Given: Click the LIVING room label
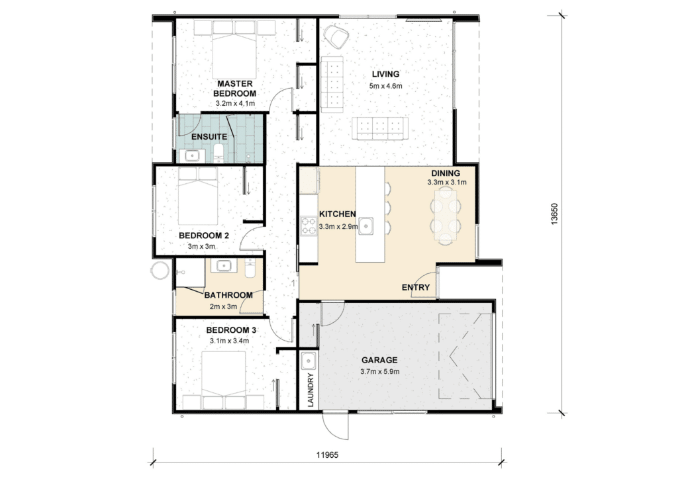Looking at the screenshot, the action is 385,74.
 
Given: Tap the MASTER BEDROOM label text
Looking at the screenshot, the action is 235,89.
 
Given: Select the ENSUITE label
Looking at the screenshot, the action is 209,137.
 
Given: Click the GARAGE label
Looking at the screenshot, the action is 379,360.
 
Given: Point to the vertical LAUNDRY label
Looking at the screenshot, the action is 310,390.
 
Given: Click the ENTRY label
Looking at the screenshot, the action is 416,288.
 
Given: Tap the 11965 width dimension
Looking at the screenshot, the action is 327,455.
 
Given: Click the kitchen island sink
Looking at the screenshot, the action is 365,226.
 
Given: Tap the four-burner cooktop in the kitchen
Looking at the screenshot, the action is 309,226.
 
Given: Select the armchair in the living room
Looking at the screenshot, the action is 336,36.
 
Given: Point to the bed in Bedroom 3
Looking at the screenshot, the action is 224,380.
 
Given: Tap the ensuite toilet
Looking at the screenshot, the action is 218,153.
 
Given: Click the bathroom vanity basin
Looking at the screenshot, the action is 224,265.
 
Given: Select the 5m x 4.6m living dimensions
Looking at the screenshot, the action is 386,86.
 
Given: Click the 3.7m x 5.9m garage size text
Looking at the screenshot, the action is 379,371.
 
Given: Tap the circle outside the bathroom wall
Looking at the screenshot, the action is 160,271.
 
